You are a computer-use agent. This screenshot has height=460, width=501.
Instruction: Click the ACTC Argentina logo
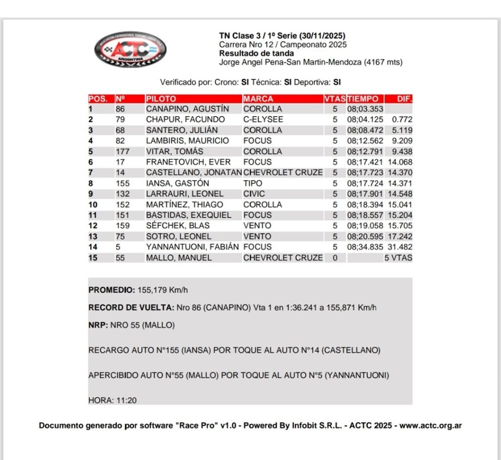click(130, 49)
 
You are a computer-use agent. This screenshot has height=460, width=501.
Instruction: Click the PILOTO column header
click(161, 98)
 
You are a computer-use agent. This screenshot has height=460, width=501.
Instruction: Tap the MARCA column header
click(258, 98)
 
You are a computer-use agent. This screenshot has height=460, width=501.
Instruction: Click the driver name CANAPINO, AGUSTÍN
click(187, 109)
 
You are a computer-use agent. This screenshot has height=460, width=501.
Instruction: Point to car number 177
click(123, 151)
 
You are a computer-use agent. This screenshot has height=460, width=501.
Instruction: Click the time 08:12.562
click(365, 141)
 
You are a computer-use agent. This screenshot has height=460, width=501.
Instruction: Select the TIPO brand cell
click(252, 183)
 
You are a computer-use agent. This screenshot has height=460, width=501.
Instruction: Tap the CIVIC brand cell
click(254, 194)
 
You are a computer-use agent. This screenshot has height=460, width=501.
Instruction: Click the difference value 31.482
click(400, 247)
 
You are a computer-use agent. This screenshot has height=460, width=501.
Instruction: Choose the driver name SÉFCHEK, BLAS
click(178, 226)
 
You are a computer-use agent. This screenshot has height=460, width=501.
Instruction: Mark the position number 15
click(93, 258)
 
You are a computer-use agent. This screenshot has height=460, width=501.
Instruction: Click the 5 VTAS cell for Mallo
click(398, 258)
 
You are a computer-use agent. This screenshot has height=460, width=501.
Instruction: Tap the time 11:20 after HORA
click(126, 400)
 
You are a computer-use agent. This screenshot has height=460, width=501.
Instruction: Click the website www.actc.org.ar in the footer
click(431, 426)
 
